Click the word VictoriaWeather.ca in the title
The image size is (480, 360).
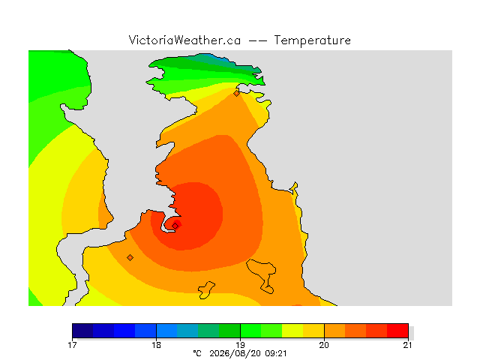tap(184, 40)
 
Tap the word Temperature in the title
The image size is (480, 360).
tap(312, 40)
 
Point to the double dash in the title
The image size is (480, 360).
tap(257, 40)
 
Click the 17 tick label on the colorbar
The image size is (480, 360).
tap(72, 345)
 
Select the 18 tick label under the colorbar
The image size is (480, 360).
tap(156, 345)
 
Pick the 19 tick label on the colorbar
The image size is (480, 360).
tap(240, 345)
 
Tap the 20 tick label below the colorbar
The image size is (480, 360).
tap(324, 345)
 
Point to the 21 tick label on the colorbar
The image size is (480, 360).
tap(407, 345)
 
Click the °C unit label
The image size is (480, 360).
tap(197, 353)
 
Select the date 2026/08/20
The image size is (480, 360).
tap(235, 354)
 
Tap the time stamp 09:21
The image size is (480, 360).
tap(276, 353)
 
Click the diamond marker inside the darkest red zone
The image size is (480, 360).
tap(175, 226)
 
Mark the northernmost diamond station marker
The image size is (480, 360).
tap(236, 93)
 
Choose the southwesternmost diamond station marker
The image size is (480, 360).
tap(130, 257)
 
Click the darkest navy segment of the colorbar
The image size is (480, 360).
tap(82, 331)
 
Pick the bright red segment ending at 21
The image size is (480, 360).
tap(397, 331)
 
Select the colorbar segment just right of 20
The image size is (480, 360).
tap(335, 331)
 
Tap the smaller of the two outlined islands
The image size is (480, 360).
tap(206, 290)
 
